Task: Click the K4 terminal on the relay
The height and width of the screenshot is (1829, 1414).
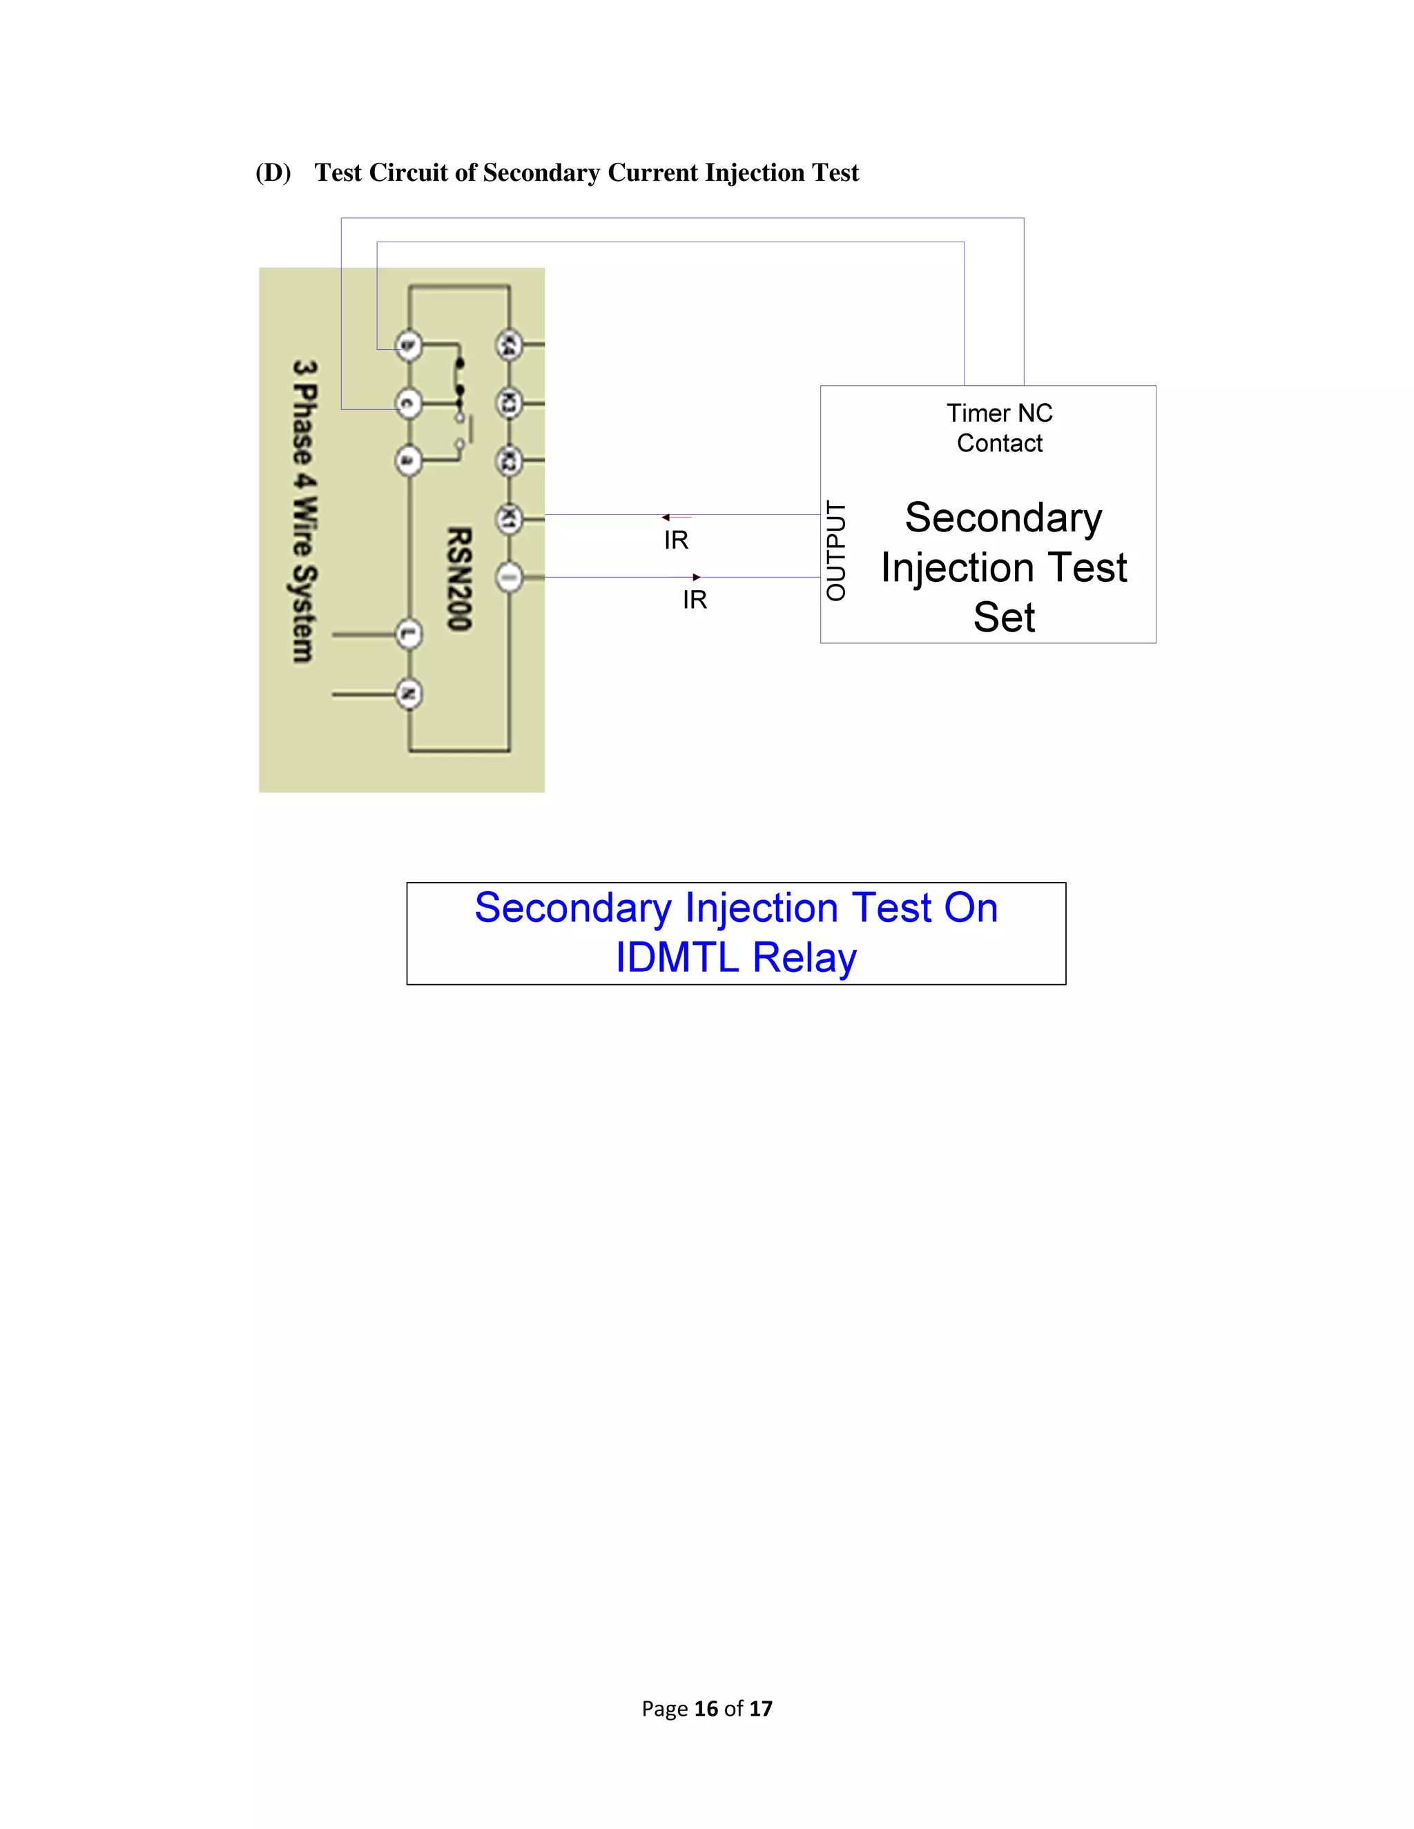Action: coord(508,345)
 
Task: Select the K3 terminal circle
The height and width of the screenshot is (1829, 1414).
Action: coord(508,404)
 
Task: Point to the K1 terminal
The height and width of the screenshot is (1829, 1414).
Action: coord(508,519)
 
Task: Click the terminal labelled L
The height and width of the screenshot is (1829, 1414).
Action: coord(408,635)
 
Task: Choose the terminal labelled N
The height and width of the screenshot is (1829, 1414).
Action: coord(408,694)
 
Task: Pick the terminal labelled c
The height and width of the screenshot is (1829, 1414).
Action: coord(408,404)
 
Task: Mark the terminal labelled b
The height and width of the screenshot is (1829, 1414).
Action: coord(408,345)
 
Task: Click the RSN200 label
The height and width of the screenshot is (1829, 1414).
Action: coord(459,578)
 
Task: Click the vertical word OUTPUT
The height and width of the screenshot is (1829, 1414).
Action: coord(836,550)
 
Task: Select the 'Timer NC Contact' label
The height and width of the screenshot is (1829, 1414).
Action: coord(999,428)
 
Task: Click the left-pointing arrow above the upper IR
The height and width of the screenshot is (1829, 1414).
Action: coord(667,518)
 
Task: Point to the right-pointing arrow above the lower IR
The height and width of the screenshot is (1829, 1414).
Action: coord(696,577)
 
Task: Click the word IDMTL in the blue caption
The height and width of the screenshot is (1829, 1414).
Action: coord(676,957)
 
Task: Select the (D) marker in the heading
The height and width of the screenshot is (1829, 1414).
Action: coord(273,173)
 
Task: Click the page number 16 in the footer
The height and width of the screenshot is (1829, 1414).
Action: coord(706,1708)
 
